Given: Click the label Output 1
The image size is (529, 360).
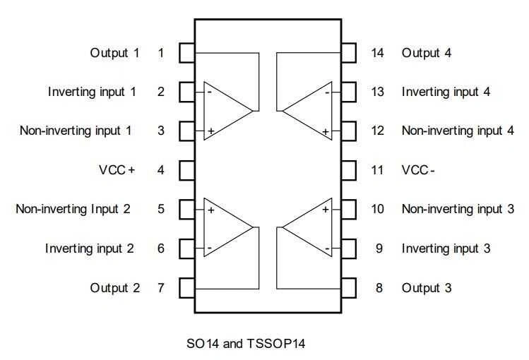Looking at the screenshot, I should pyautogui.click(x=114, y=52).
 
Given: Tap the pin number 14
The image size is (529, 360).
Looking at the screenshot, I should pyautogui.click(x=377, y=52).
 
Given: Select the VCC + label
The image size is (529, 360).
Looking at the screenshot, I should pyautogui.click(x=117, y=170).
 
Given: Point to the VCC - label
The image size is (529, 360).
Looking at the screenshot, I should pyautogui.click(x=417, y=170).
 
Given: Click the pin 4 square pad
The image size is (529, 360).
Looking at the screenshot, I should pyautogui.click(x=186, y=170).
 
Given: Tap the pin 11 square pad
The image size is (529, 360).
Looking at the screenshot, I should pyautogui.click(x=349, y=170).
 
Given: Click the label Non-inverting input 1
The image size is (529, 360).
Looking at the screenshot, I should pyautogui.click(x=76, y=131).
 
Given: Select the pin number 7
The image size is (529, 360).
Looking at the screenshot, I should pyautogui.click(x=161, y=288).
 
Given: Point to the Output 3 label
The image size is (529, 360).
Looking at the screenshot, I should pyautogui.click(x=427, y=288).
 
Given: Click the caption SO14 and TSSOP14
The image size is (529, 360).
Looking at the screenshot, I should pyautogui.click(x=245, y=344).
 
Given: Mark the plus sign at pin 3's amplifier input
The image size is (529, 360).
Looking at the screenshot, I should pyautogui.click(x=210, y=131).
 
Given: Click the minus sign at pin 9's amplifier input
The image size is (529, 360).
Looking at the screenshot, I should pyautogui.click(x=327, y=248).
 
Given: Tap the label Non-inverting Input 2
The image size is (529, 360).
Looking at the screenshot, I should pyautogui.click(x=73, y=209).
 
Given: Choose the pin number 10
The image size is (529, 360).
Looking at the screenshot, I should pyautogui.click(x=377, y=209).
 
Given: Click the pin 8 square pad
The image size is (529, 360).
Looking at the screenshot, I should pyautogui.click(x=349, y=288).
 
